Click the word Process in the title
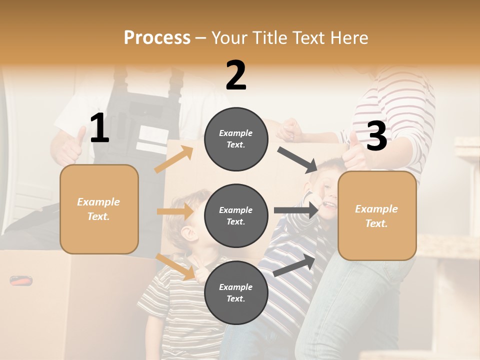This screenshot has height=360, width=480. pyautogui.click(x=157, y=38)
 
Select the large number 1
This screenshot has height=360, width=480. pyautogui.click(x=99, y=129)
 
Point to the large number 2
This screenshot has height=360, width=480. pyautogui.click(x=236, y=75)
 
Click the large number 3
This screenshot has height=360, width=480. pyautogui.click(x=376, y=136)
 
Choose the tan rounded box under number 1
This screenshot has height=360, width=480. pyautogui.click(x=99, y=209)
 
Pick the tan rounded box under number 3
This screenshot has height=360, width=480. pyautogui.click(x=377, y=215)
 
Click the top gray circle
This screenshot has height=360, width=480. pyautogui.click(x=236, y=139)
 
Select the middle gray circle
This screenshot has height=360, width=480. pyautogui.click(x=236, y=215)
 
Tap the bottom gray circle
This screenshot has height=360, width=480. pyautogui.click(x=236, y=292)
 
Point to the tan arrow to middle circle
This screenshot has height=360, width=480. pyautogui.click(x=175, y=211)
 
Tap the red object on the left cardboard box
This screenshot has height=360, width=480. pyautogui.click(x=21, y=281)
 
